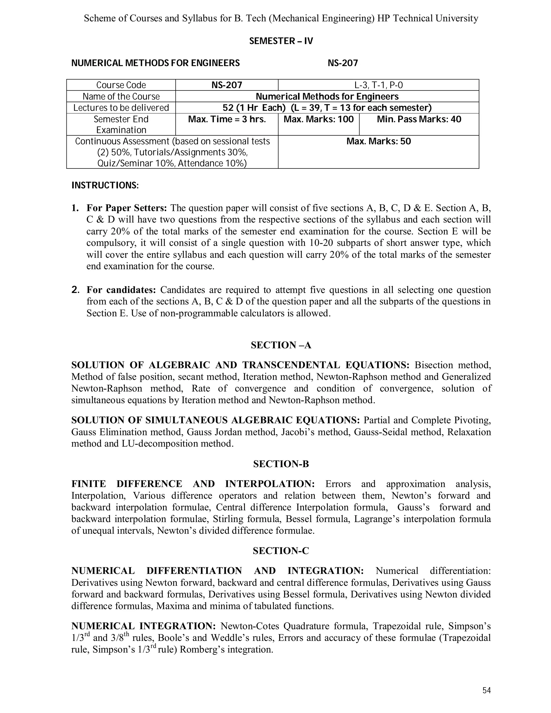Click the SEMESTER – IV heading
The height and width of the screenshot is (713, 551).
[281, 41]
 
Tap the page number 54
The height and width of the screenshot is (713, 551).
[486, 690]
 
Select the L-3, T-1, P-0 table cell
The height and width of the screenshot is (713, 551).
[378, 85]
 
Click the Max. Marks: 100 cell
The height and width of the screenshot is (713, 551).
[318, 119]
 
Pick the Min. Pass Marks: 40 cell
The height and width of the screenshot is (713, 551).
[419, 119]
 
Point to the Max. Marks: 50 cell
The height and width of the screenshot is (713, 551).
[378, 142]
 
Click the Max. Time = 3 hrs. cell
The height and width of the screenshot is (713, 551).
[227, 119]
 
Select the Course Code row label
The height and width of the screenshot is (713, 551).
[121, 85]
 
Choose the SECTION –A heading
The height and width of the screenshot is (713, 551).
[281, 345]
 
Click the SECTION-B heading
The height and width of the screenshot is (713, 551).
[281, 464]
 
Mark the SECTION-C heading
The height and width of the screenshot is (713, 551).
[281, 551]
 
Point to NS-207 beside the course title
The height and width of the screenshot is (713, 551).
[342, 63]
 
